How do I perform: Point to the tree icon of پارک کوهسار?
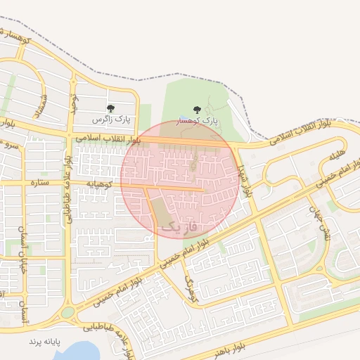point(196,109)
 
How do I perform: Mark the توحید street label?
point(72,103)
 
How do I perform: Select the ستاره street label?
point(39,184)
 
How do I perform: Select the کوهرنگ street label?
point(191,290)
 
